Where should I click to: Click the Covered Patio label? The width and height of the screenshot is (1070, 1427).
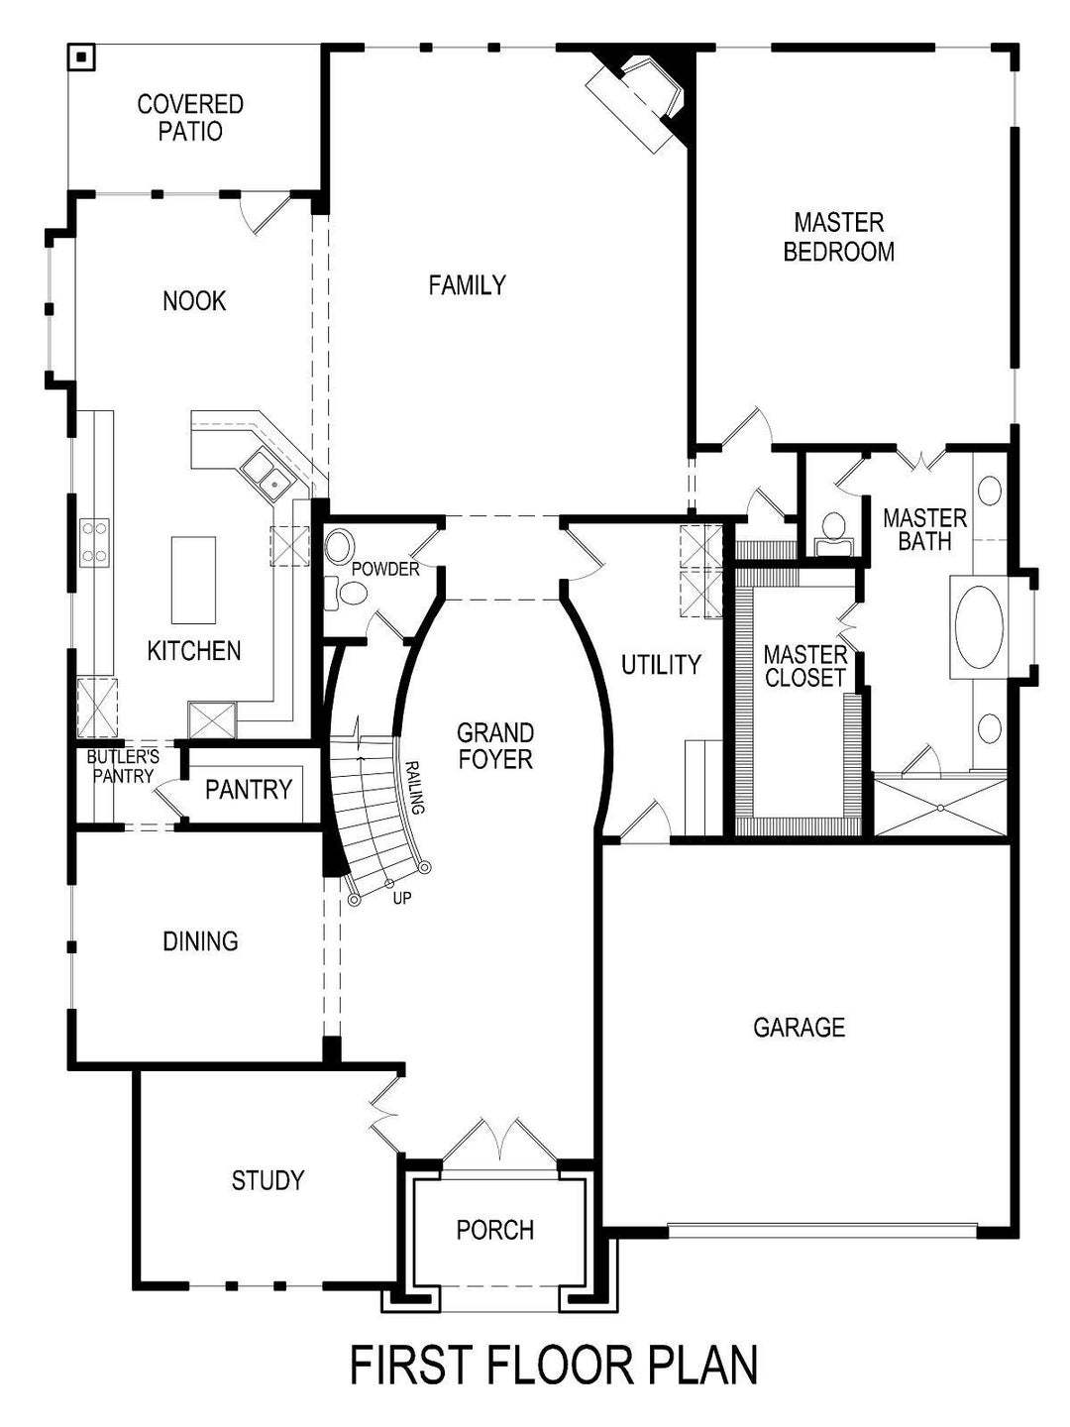[190, 117]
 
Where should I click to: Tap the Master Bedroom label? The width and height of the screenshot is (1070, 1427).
[838, 237]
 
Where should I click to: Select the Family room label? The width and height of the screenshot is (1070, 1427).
[467, 285]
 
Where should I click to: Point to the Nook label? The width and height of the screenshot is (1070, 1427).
[194, 300]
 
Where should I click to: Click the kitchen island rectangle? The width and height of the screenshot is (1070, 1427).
[193, 580]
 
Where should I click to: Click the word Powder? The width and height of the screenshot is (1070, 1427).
[385, 570]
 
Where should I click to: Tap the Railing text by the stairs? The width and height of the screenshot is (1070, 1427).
[415, 787]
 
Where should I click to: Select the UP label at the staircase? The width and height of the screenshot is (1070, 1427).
[402, 899]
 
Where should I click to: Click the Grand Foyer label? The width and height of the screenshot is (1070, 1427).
[494, 746]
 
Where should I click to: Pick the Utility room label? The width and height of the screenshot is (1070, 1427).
[661, 665]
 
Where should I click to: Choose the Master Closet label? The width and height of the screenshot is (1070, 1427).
[804, 666]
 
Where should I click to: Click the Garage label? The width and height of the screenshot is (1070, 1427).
[799, 1027]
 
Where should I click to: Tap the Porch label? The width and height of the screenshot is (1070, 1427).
[494, 1230]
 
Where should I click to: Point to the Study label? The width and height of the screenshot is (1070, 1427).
[267, 1180]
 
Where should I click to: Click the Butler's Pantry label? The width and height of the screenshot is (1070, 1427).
[122, 766]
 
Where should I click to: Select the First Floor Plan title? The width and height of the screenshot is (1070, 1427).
[554, 1366]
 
